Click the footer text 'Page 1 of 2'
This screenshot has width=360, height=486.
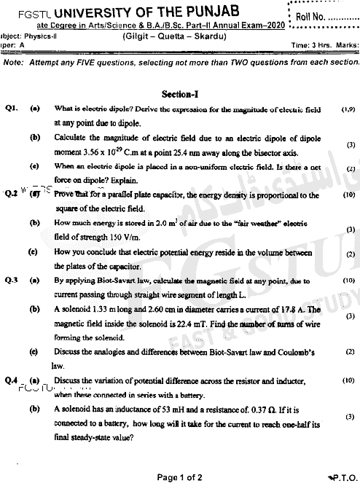179,477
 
